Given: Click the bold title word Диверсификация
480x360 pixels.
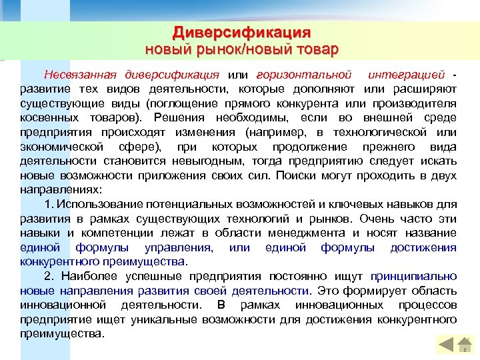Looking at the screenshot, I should click(241, 33).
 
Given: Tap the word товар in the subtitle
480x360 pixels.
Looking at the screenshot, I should click(314, 49).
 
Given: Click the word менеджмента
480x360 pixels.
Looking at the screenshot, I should click(307, 233).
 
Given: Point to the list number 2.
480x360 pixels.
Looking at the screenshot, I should click(48, 276).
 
